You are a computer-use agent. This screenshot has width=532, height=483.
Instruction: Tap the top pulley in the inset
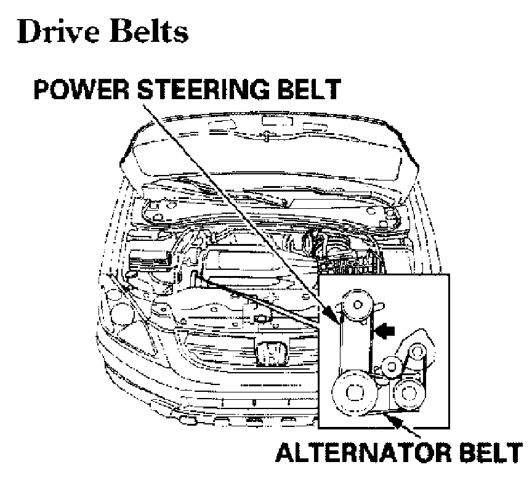click(356, 304)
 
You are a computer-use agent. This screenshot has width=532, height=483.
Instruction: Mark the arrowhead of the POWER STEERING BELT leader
click(338, 320)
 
